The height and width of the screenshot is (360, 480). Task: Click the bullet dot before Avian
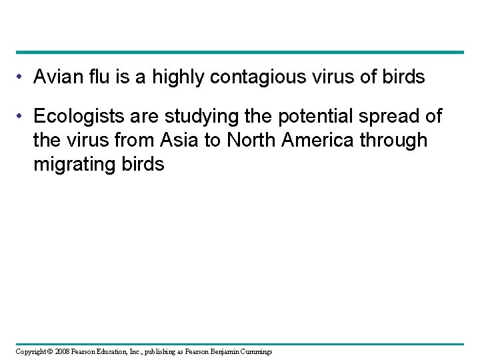pyautogui.click(x=20, y=78)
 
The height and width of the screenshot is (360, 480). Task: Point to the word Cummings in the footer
pyautogui.click(x=253, y=351)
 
